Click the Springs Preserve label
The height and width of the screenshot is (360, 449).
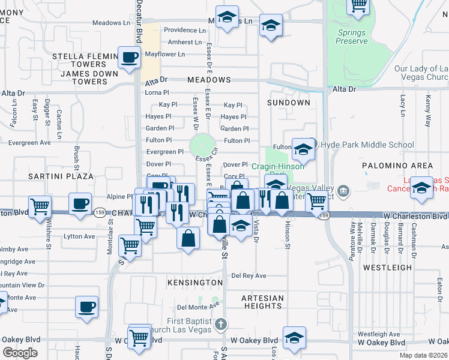(x=352, y=37)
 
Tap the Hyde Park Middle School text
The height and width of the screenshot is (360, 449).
(x=367, y=145)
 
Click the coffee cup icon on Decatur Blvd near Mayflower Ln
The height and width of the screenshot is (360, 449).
(x=130, y=58)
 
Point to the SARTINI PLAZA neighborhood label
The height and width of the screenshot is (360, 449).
(x=60, y=176)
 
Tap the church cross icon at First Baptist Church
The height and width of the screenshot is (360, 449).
(x=220, y=325)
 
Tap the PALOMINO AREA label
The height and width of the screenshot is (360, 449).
(x=397, y=165)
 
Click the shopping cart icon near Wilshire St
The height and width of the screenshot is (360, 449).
(x=40, y=206)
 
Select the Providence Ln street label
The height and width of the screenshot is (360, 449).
(x=185, y=30)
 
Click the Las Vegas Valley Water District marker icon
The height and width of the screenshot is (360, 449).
(x=343, y=191)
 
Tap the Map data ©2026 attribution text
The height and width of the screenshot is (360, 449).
(x=423, y=355)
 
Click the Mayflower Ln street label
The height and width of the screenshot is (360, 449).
(x=165, y=54)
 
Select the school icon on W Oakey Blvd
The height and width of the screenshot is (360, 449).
(x=294, y=337)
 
